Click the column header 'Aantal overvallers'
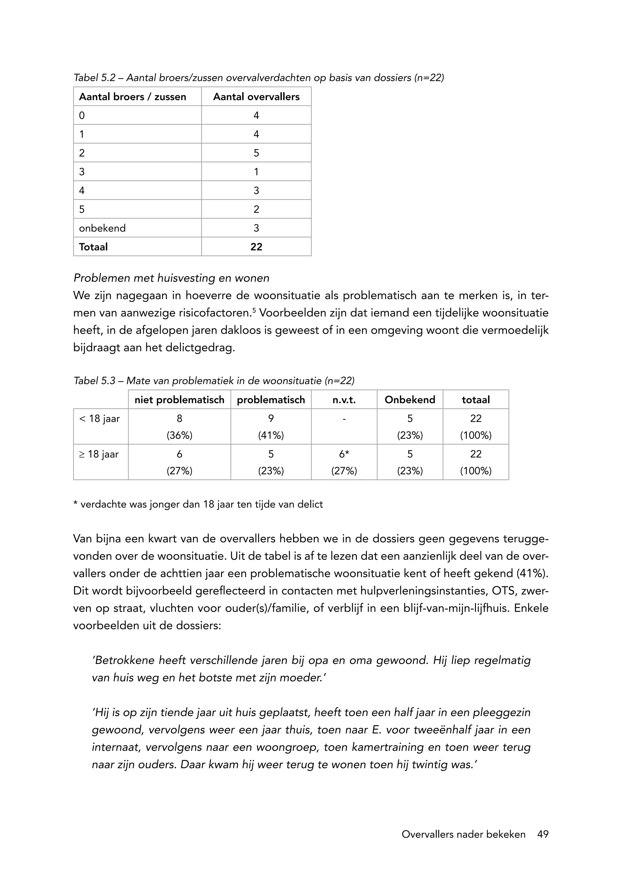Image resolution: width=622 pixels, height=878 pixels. coord(256,97)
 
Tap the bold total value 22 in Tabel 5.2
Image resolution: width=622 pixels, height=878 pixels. coord(256,247)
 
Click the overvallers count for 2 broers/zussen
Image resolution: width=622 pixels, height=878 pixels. coord(256,153)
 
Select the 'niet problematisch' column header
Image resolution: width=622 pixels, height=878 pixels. coord(179,400)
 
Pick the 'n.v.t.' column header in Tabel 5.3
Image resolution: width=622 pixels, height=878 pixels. coord(344,400)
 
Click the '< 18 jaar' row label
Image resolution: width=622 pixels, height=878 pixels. coord(100,419)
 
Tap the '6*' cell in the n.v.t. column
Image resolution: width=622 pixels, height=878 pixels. coord(344,454)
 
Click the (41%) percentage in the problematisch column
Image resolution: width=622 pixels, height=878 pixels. coord(271,435)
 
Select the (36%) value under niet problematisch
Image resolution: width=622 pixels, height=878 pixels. coord(179,435)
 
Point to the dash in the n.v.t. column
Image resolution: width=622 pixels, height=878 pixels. coord(344,419)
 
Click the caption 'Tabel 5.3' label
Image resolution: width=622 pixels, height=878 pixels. coord(94,381)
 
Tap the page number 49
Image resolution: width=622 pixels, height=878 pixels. coord(543,834)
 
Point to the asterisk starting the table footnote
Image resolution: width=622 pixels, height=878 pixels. coord(75,504)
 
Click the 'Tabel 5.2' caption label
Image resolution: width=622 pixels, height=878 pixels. coord(94,78)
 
